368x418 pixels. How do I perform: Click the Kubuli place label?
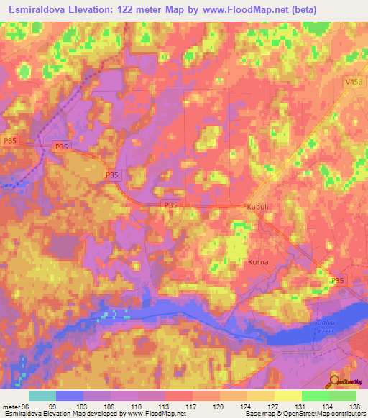[257, 207]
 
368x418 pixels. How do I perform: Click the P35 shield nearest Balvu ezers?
[336, 280]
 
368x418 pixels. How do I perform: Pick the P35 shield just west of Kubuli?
[170, 205]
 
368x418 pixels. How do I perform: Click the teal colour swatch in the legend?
[42, 396]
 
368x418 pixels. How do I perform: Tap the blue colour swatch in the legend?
[70, 396]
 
